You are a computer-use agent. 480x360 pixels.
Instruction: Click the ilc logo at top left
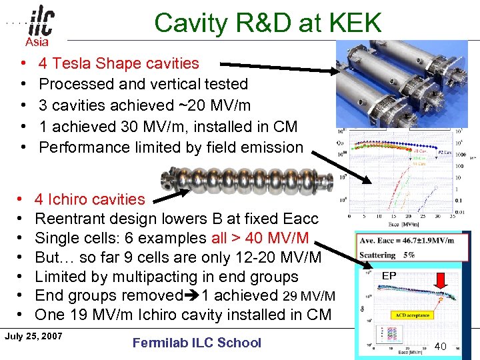(40, 23)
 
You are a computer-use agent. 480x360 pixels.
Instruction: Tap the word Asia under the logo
(37, 43)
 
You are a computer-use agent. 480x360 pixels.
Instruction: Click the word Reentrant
(69, 219)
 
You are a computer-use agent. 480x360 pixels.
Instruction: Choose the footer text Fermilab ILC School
(197, 343)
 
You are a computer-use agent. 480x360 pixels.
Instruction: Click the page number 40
(440, 346)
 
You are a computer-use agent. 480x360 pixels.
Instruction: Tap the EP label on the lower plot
(389, 275)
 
